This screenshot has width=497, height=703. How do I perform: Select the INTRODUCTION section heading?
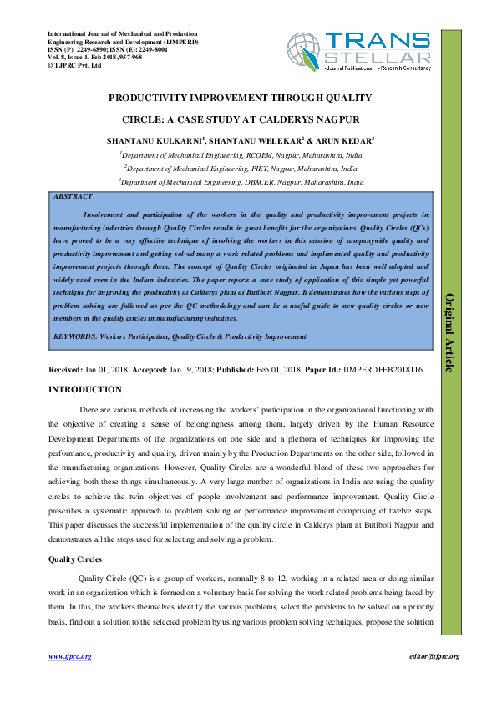pyautogui.click(x=85, y=390)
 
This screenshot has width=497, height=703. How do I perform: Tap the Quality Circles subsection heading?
pyautogui.click(x=79, y=559)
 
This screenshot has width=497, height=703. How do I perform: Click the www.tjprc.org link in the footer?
pyautogui.click(x=69, y=656)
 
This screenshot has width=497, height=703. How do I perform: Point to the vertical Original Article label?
pyautogui.click(x=451, y=333)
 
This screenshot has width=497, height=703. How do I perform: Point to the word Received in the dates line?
pyautogui.click(x=66, y=369)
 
